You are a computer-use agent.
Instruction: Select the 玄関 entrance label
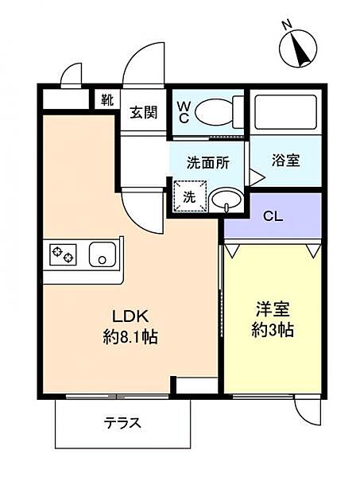coord(144,112)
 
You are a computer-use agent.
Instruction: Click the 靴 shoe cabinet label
coord(107,100)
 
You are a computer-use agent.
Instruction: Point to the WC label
coord(183,111)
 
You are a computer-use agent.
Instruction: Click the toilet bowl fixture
coord(215,111)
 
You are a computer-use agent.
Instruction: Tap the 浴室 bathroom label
coord(286,161)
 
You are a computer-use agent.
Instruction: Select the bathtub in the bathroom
coord(285,111)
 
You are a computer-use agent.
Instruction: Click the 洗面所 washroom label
coord(207,162)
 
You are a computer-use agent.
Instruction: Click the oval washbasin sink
coord(227,199)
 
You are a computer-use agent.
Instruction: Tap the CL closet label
coord(273,215)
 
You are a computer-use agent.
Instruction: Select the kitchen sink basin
coord(102,255)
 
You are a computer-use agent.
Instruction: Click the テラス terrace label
coord(123,422)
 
